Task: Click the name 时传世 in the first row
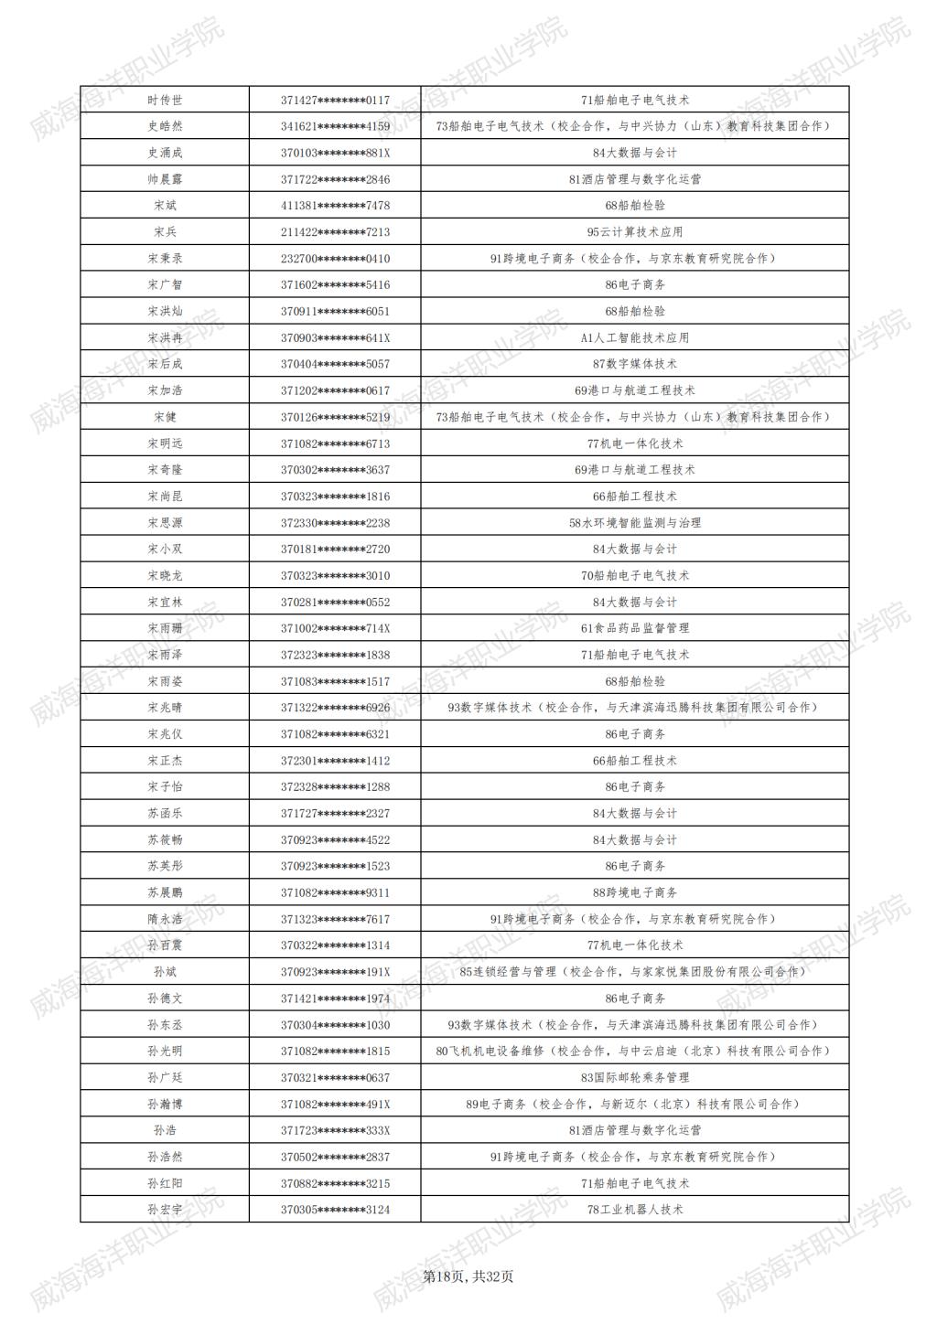point(165,100)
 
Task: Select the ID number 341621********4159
point(335,126)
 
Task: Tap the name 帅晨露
point(165,179)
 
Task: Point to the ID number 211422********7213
point(335,232)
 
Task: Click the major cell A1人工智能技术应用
point(635,337)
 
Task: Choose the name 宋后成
point(165,364)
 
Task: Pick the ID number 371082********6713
point(335,443)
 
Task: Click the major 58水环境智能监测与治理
point(635,523)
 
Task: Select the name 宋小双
point(165,550)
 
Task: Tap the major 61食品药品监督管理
point(635,628)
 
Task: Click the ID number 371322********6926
point(335,708)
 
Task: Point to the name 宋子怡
point(165,787)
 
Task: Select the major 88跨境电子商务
point(635,892)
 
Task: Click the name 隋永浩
point(165,919)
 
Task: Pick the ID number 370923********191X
point(335,972)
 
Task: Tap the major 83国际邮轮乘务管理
point(635,1077)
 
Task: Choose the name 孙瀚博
point(165,1104)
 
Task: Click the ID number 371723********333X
point(335,1130)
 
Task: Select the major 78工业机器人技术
point(635,1210)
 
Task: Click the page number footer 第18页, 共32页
point(468,1276)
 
